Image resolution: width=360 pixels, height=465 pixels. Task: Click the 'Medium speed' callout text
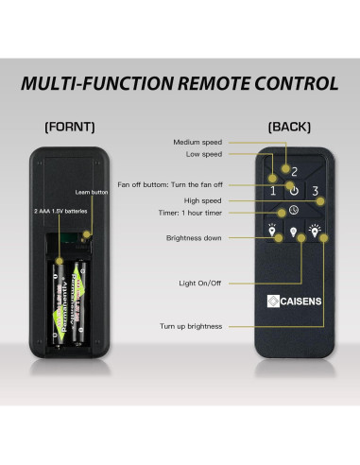(197, 142)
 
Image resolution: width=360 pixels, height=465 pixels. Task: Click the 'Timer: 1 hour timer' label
(192, 214)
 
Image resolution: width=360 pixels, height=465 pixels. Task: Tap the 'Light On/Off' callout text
(200, 283)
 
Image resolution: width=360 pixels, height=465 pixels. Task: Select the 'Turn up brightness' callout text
(191, 326)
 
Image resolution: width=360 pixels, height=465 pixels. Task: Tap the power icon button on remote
(294, 189)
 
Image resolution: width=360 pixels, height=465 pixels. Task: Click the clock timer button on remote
(294, 209)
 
